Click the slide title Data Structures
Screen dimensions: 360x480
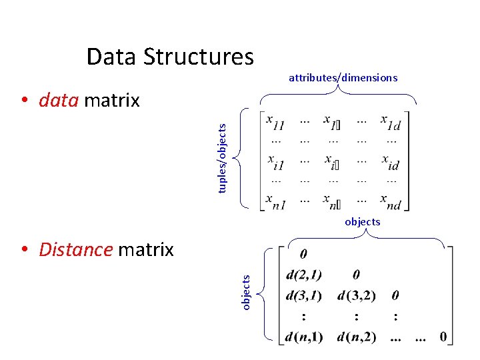pyautogui.click(x=170, y=57)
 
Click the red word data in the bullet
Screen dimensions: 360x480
pyautogui.click(x=59, y=101)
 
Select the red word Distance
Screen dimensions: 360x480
pyautogui.click(x=75, y=249)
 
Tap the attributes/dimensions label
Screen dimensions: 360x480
pyautogui.click(x=343, y=78)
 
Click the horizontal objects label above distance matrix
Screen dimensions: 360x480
pyautogui.click(x=362, y=221)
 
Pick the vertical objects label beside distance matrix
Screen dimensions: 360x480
pyautogui.click(x=245, y=292)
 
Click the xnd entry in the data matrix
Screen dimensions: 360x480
pyautogui.click(x=390, y=201)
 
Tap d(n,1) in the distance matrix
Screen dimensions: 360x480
pyautogui.click(x=303, y=337)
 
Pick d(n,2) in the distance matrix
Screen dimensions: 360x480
pyautogui.click(x=356, y=337)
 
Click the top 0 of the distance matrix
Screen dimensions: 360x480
pyautogui.click(x=303, y=254)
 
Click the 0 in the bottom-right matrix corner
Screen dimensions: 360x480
pyautogui.click(x=443, y=337)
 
